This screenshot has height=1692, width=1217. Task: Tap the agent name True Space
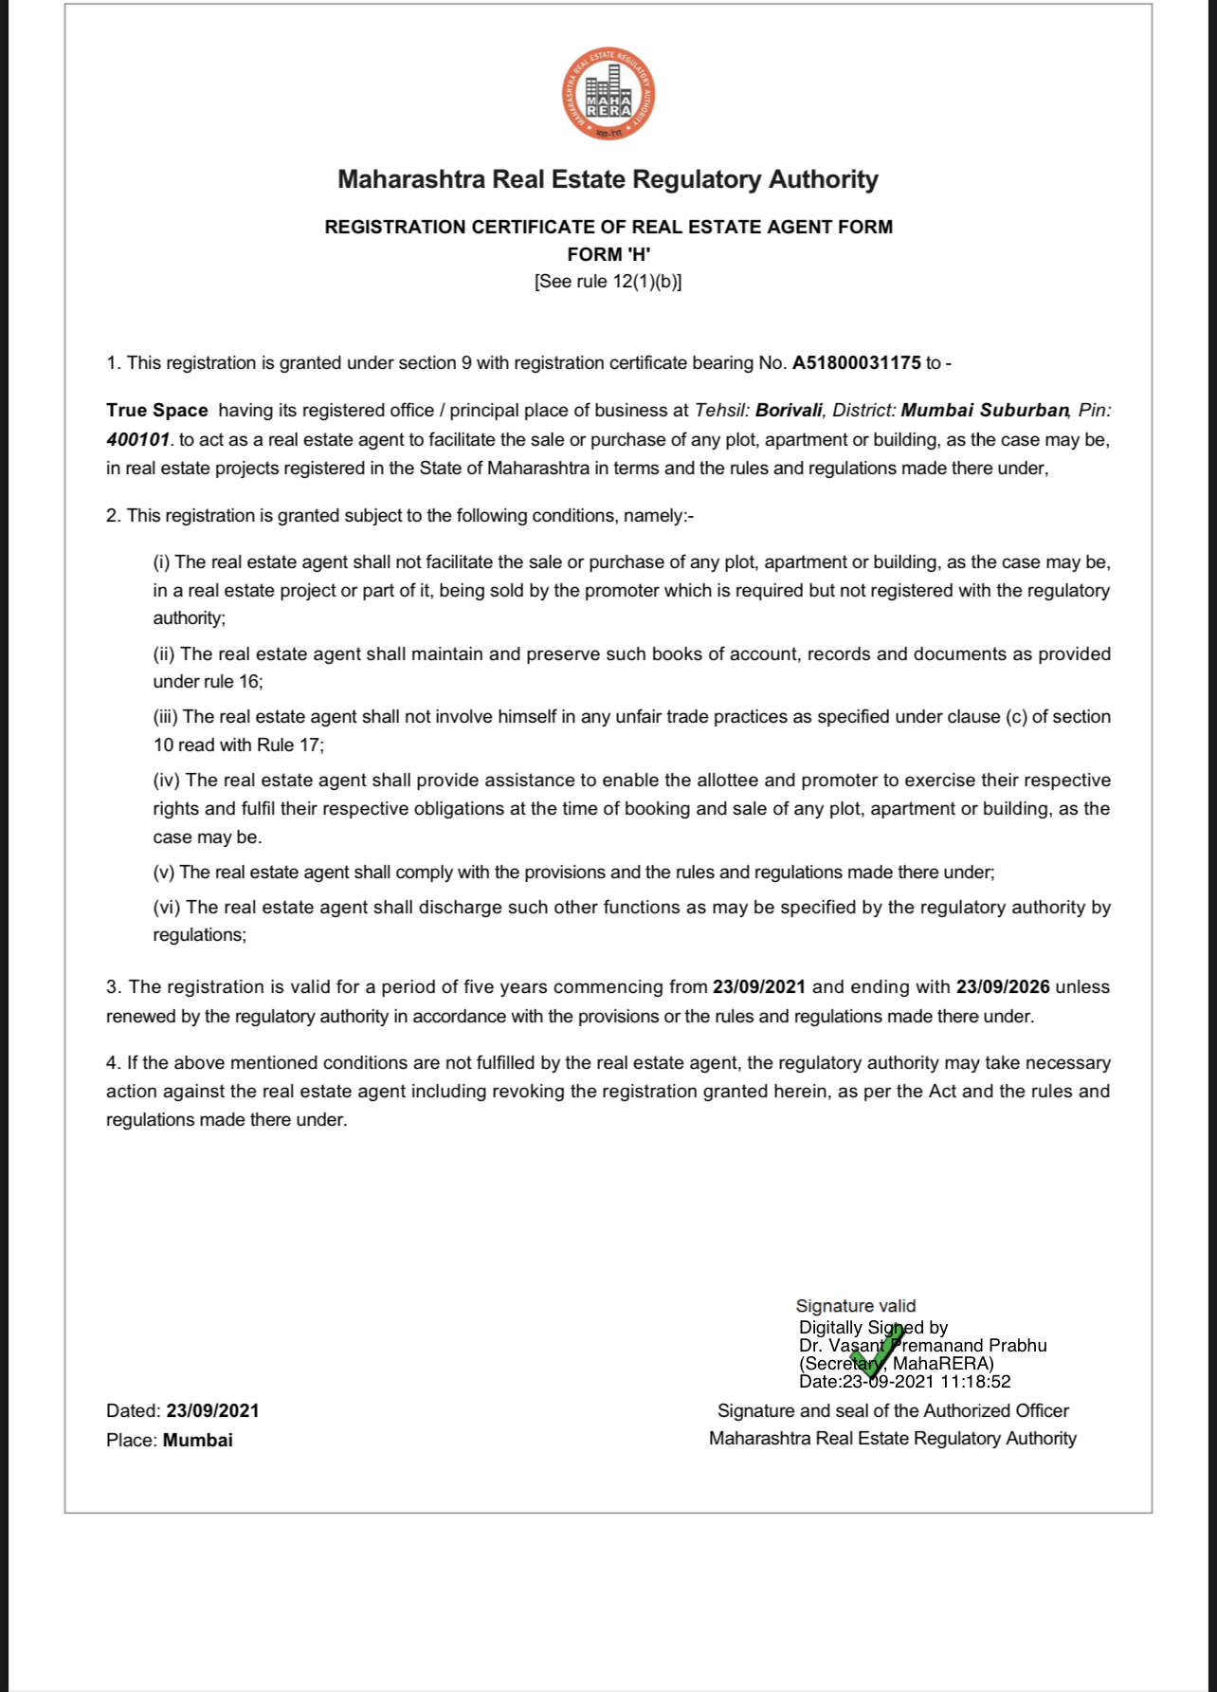click(x=156, y=411)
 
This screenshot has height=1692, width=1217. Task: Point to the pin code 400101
click(x=137, y=440)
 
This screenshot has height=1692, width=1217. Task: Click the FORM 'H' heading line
click(x=608, y=254)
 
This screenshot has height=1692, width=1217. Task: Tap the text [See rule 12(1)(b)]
click(x=608, y=282)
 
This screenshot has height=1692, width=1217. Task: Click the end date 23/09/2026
click(x=1003, y=987)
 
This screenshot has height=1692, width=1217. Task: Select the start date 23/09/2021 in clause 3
click(x=759, y=987)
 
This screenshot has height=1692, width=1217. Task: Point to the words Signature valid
click(x=856, y=1306)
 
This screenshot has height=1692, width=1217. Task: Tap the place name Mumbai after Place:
click(x=197, y=1440)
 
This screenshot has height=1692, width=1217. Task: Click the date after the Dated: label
click(x=212, y=1411)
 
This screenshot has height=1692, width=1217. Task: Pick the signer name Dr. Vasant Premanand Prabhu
click(x=922, y=1346)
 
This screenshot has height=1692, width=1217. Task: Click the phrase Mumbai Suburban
click(x=985, y=411)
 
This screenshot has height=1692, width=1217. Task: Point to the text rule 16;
click(x=233, y=682)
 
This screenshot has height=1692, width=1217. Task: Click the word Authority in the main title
click(x=823, y=179)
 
